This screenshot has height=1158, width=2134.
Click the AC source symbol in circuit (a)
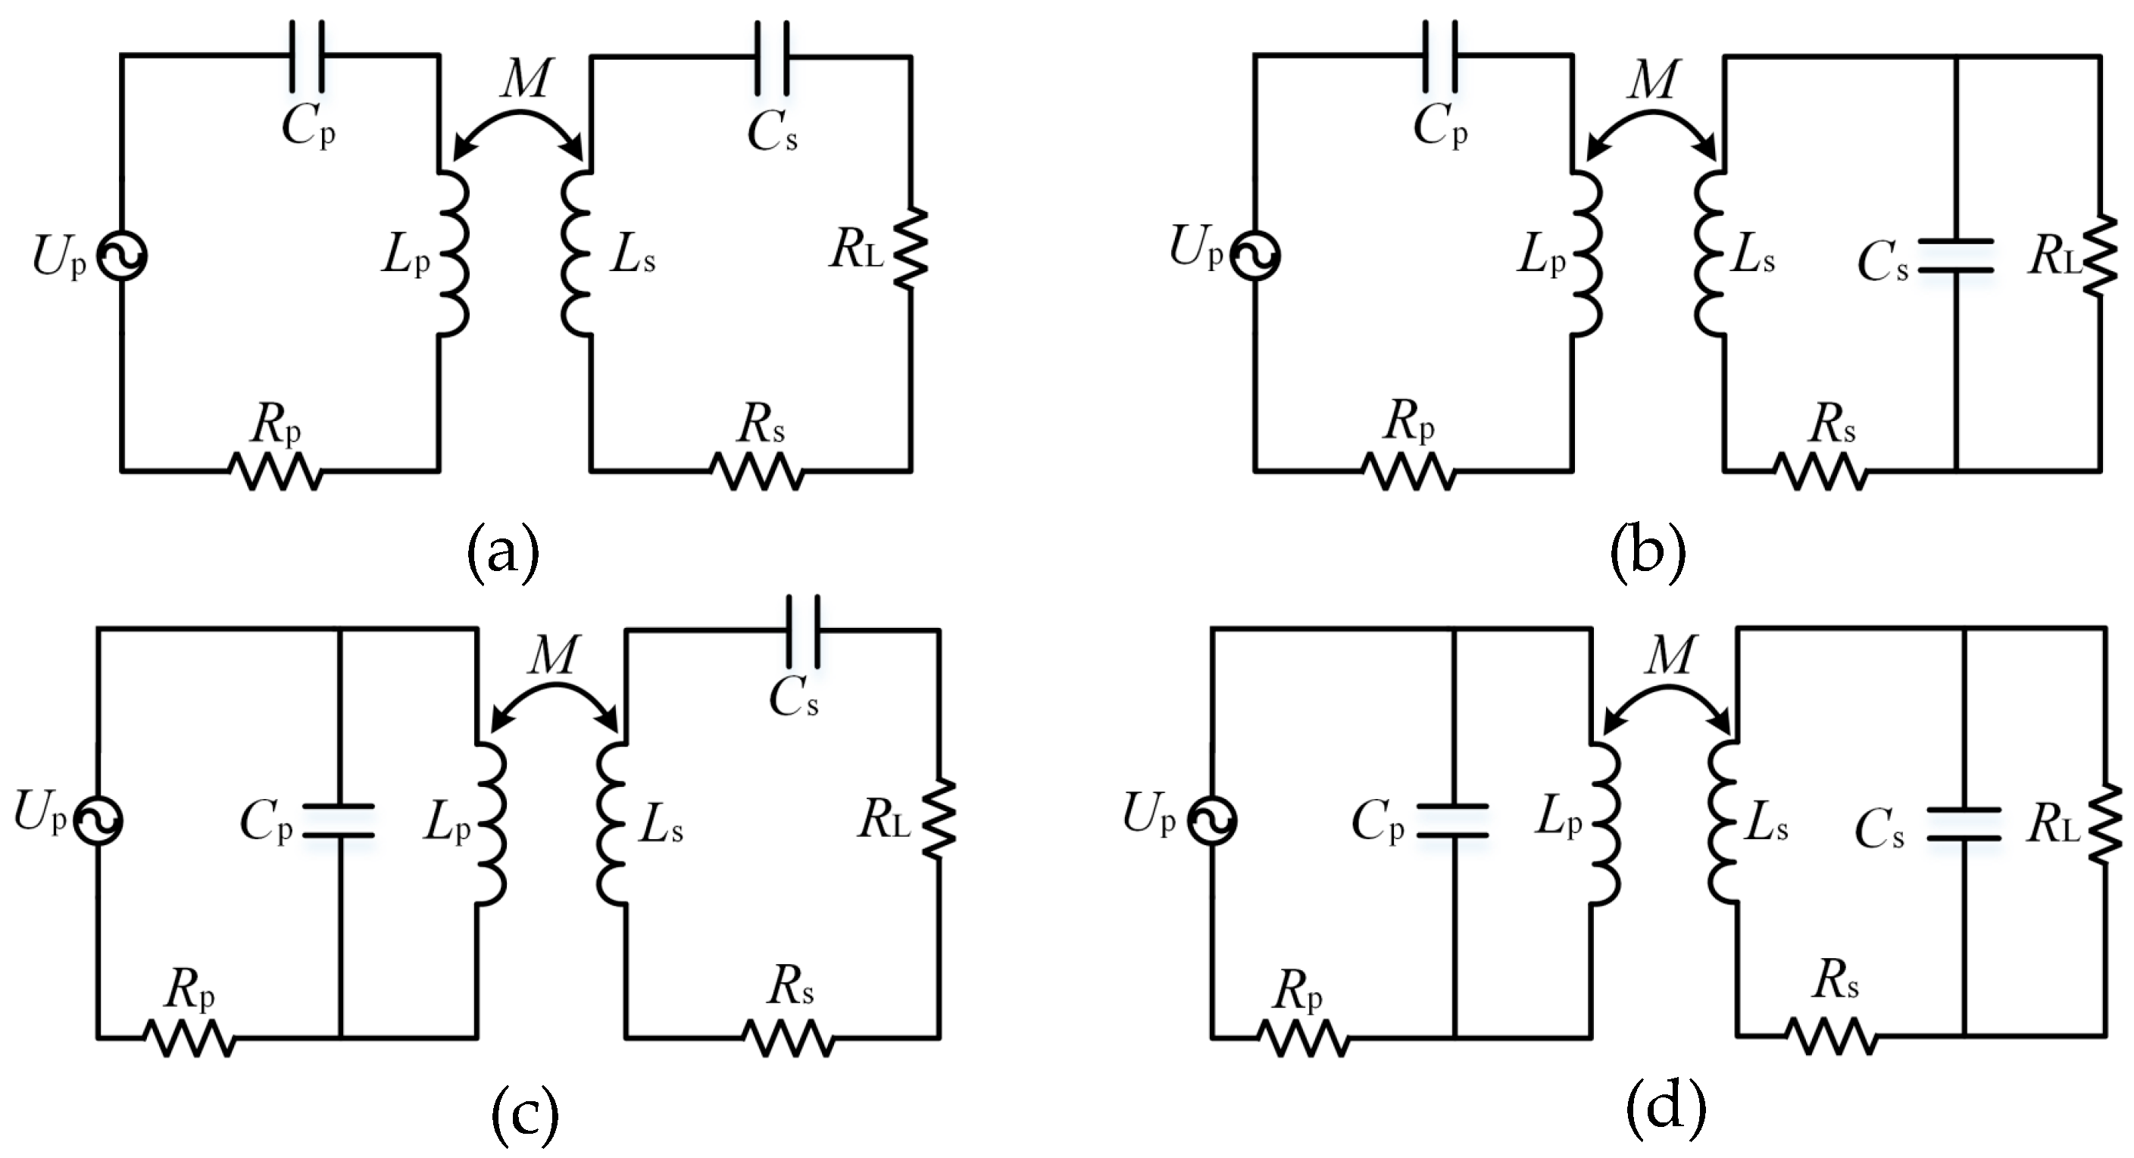122,256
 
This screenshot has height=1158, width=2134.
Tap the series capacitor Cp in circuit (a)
307,55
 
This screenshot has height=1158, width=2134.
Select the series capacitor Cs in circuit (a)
772,55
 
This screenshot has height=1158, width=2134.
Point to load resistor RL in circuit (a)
911,247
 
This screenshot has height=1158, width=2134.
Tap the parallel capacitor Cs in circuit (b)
1956,255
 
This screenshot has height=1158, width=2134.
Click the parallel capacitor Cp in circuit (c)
339,820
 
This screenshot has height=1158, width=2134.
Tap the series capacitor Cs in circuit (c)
804,630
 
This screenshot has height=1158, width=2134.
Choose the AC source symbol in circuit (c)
98,819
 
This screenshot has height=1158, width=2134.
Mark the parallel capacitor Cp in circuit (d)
1452,820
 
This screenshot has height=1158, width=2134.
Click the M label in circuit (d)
1668,656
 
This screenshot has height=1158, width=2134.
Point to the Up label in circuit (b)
1196,247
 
